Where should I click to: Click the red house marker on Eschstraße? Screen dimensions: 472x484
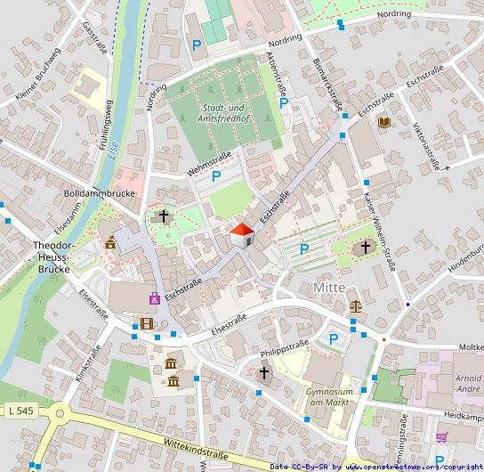coord(242,236)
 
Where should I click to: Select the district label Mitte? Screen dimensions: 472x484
coord(329,288)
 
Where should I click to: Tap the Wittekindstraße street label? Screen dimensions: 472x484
coord(197,449)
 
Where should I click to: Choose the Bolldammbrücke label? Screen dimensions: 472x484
coord(100,193)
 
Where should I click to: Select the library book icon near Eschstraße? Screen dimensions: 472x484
coord(383,122)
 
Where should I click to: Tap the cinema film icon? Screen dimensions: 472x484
coord(147,322)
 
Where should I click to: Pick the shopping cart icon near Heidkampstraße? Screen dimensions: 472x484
coord(441,436)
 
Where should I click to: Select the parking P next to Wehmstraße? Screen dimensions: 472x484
coord(216,177)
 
